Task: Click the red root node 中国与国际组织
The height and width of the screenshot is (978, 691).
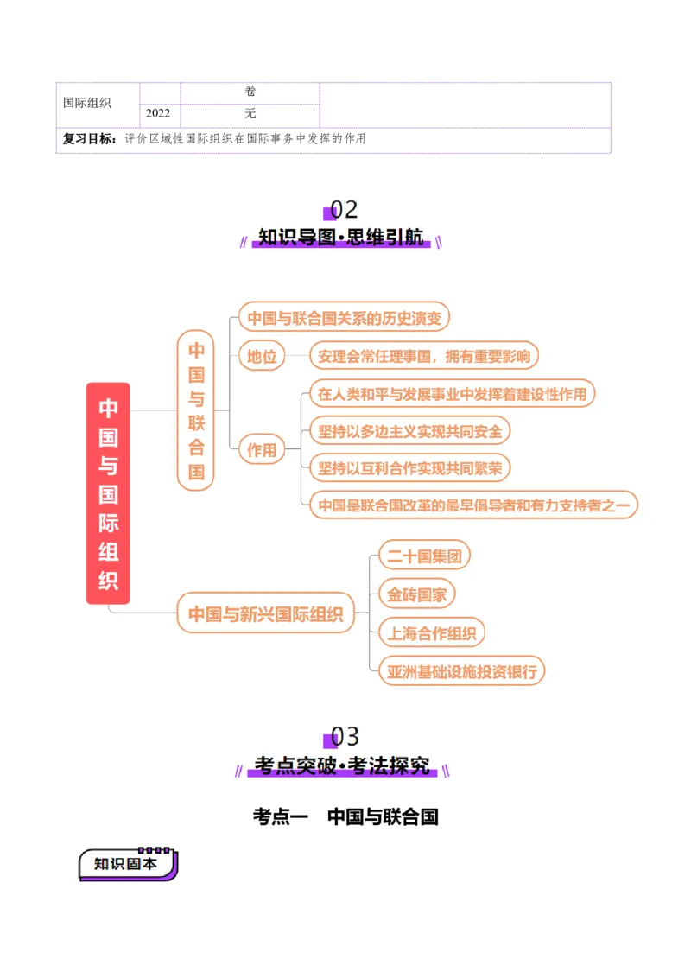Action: [108, 493]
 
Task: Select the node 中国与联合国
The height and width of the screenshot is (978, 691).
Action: [196, 410]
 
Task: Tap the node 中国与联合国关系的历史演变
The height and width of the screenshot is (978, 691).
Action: [344, 318]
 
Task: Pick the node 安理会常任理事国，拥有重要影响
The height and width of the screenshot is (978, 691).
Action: [424, 356]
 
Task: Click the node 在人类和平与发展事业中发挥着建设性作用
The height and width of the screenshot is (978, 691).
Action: [452, 394]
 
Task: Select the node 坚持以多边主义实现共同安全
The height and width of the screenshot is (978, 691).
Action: [409, 430]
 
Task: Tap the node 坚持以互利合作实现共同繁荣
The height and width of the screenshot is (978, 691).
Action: [409, 467]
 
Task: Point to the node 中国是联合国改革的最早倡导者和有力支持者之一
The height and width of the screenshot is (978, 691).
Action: [473, 505]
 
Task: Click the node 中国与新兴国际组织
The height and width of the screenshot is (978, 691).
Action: [266, 614]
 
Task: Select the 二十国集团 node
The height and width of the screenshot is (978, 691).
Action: [423, 556]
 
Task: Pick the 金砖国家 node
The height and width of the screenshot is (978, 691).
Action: [416, 594]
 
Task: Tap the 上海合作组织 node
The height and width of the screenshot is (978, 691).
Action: [431, 633]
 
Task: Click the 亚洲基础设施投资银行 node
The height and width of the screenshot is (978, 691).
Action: [462, 671]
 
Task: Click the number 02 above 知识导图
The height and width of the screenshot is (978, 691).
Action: [344, 210]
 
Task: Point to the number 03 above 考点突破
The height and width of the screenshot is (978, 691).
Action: [345, 737]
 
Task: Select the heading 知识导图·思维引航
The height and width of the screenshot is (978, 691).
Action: [343, 238]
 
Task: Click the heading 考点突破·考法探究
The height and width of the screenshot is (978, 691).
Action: [344, 765]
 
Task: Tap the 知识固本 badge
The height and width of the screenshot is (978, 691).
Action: [126, 864]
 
